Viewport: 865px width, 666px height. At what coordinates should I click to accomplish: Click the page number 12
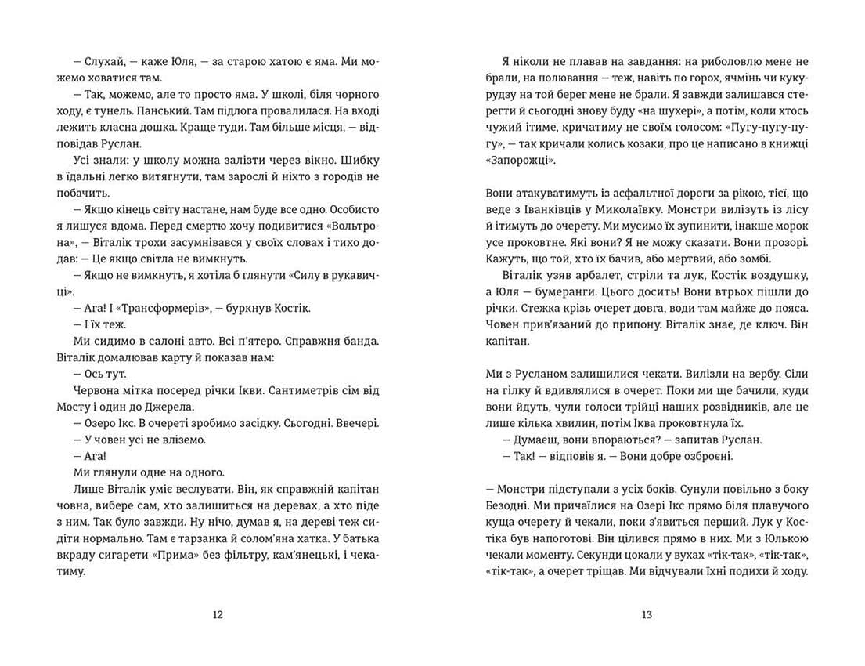pos(218,615)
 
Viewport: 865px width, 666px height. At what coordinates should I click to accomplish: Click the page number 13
pos(646,615)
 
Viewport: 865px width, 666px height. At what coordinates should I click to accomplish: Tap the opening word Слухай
pos(93,61)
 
